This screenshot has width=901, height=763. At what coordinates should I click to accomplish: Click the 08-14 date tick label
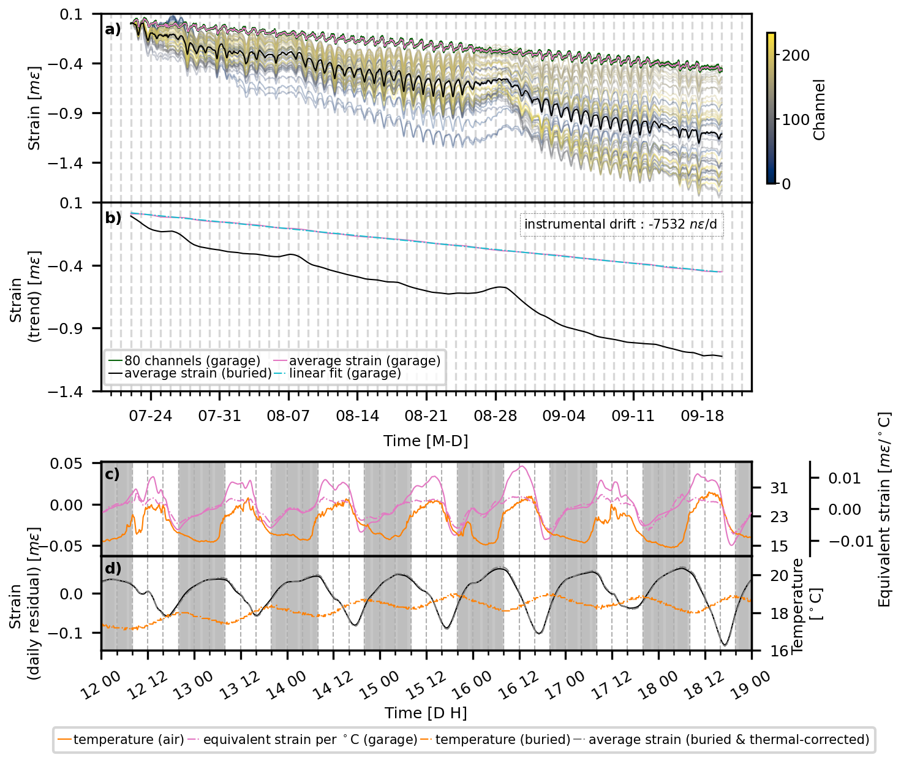[358, 416]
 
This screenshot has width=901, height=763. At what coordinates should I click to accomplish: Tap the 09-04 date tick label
[564, 416]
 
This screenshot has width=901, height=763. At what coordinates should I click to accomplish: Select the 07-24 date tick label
[151, 416]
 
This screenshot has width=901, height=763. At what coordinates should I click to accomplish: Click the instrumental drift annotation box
[620, 224]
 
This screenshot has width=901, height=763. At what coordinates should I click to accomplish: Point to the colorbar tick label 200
[796, 55]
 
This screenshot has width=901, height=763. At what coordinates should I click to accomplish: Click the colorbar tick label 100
[796, 120]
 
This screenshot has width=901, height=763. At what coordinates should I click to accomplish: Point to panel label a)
[113, 29]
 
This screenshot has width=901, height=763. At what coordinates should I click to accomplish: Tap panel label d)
[113, 568]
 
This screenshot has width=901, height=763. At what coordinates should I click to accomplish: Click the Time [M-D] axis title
[426, 441]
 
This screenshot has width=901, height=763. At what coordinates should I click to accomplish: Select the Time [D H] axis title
[426, 713]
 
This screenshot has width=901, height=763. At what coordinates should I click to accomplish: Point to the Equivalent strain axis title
[884, 509]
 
